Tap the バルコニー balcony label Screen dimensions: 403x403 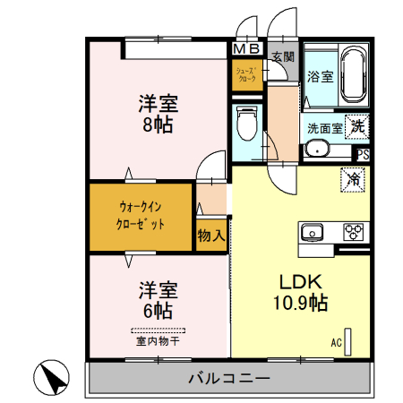(x=228, y=378)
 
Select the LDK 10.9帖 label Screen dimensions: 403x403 (x=299, y=292)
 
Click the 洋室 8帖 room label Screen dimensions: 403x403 (x=157, y=113)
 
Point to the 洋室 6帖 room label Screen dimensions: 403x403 (x=157, y=300)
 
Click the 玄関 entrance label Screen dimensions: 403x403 (x=282, y=56)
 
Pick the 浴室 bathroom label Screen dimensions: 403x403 (x=321, y=78)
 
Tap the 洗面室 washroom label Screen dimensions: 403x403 (x=324, y=128)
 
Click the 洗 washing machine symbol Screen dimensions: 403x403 (x=357, y=126)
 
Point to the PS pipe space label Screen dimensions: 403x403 (x=362, y=154)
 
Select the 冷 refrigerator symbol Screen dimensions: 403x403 (x=353, y=179)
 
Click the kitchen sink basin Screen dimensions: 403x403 (x=313, y=232)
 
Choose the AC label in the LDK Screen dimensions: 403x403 (x=337, y=342)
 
